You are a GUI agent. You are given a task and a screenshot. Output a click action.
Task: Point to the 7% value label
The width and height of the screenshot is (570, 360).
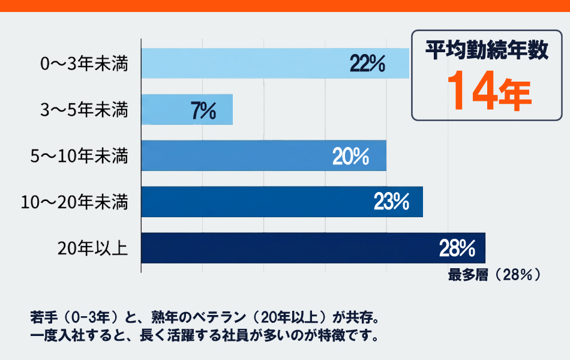[x=203, y=110]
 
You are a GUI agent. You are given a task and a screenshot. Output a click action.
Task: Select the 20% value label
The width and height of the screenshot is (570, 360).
[x=350, y=156]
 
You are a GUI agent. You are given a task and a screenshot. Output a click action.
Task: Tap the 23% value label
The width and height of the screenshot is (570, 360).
[x=391, y=202]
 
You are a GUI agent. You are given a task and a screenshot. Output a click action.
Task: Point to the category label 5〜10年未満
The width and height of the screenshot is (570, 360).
[x=79, y=156]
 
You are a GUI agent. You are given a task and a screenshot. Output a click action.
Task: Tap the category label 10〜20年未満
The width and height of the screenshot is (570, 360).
[x=74, y=202]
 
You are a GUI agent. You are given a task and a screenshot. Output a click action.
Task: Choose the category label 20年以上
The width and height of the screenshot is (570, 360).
[x=93, y=248]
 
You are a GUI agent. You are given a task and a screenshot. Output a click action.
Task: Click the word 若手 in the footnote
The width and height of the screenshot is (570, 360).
[x=41, y=316]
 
